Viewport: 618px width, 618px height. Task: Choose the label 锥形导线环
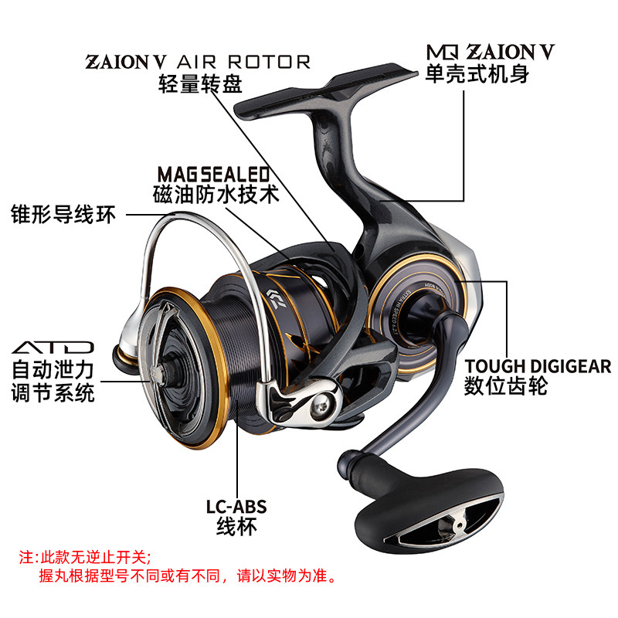click(x=63, y=214)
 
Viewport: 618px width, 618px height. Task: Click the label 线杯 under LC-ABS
click(x=236, y=528)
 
